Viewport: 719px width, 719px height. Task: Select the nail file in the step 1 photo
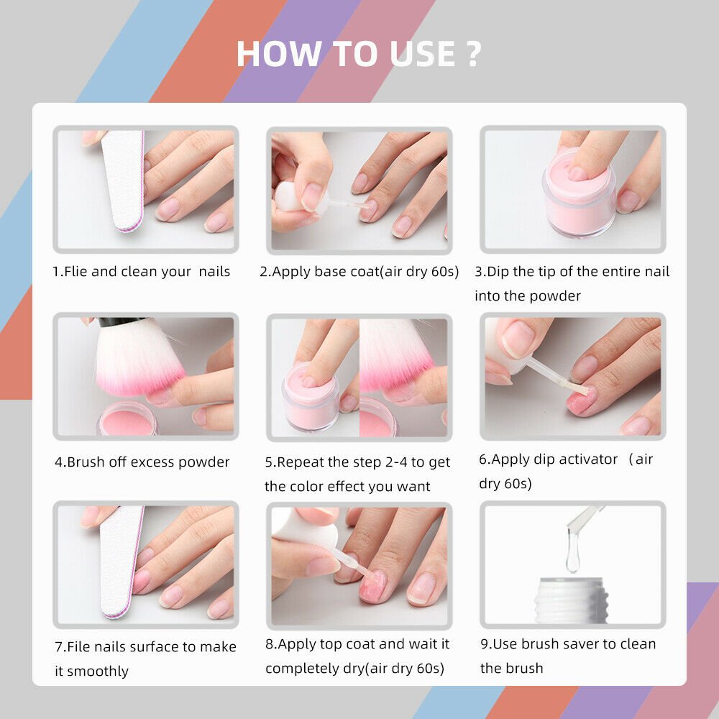(124, 180)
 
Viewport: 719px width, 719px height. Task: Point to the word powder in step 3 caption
(556, 296)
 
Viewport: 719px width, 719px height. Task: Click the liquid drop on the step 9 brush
(572, 554)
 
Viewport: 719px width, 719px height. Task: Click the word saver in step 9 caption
(584, 644)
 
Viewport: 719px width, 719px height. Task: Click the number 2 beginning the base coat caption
(263, 272)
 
